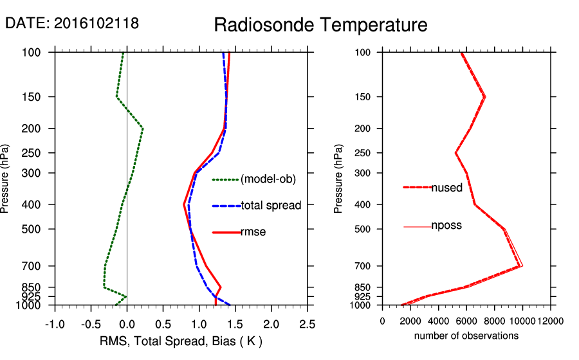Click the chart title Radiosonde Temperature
320,25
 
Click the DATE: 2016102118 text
72,23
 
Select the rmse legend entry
253,232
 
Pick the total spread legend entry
271,206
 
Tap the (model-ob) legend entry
268,179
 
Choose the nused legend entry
446,188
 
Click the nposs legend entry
446,226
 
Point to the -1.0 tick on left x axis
55,322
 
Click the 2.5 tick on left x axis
308,322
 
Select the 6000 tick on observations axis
466,321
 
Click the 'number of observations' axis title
466,336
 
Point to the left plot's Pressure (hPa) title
6,178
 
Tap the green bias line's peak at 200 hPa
143,129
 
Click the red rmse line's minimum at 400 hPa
184,204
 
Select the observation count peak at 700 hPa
521,265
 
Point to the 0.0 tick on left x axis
127,322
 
